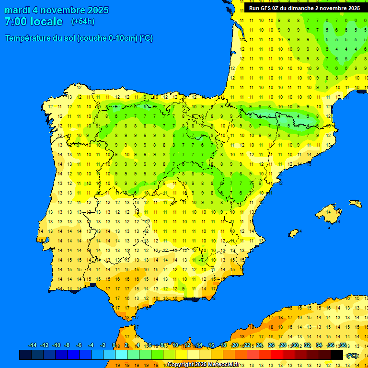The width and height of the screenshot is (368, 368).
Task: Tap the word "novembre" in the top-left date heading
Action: (x=58, y=10)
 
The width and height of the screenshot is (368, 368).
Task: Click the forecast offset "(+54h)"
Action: (x=83, y=22)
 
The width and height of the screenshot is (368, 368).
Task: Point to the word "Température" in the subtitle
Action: (x=30, y=38)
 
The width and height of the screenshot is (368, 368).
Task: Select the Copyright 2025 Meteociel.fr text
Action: (x=203, y=364)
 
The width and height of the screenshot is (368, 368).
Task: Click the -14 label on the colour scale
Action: (x=33, y=345)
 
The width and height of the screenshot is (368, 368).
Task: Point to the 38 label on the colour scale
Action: (x=343, y=345)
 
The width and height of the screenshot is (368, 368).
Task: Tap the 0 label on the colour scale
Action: (x=114, y=345)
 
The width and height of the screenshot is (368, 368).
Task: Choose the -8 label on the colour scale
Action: (x=68, y=345)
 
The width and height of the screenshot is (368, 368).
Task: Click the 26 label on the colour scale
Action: (x=271, y=345)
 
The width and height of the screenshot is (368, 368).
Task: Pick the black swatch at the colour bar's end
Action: (x=337, y=355)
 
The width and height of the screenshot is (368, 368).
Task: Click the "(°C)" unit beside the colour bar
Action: (x=352, y=355)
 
